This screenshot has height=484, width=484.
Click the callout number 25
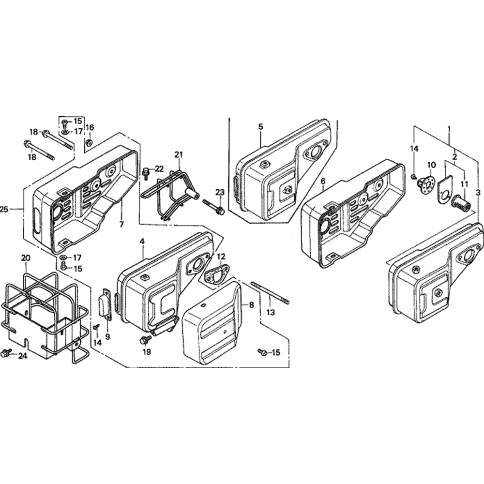(x=4, y=210)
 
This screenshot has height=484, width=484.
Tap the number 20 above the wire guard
(x=26, y=258)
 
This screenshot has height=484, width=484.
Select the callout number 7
(x=121, y=225)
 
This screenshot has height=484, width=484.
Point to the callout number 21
(x=179, y=155)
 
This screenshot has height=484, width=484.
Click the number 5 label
(x=261, y=126)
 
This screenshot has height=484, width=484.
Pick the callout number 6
(x=323, y=181)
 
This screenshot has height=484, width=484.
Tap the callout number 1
(x=449, y=128)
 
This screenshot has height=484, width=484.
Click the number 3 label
(x=478, y=193)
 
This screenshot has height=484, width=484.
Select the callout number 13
(x=271, y=313)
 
